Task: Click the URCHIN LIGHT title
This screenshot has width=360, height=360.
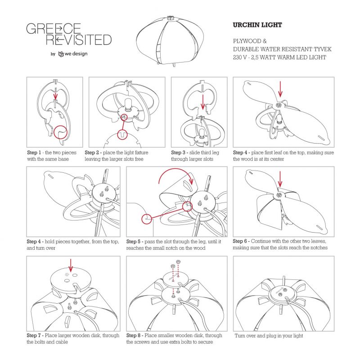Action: (x=257, y=25)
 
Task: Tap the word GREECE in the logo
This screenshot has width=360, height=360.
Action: (x=54, y=29)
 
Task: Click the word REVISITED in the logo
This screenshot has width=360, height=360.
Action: (x=79, y=40)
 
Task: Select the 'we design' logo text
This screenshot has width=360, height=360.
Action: (x=76, y=54)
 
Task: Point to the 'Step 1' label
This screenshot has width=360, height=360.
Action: (x=34, y=153)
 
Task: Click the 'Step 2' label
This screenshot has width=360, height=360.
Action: (x=92, y=153)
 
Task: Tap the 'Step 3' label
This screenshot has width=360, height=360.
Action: (x=178, y=153)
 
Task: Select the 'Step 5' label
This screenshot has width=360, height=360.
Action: (x=133, y=242)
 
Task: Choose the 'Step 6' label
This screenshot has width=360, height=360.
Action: (x=240, y=241)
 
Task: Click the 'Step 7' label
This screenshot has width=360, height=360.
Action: (x=34, y=335)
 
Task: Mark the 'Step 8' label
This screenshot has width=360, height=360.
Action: (x=133, y=335)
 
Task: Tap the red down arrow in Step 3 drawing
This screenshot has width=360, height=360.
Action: (x=202, y=102)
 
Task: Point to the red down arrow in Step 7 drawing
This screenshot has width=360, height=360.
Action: (x=71, y=265)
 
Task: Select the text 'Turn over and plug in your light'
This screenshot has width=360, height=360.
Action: (x=269, y=336)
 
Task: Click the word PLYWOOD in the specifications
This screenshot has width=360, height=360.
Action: (x=247, y=41)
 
